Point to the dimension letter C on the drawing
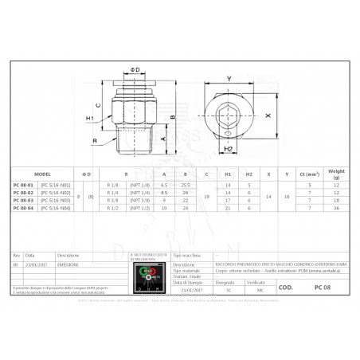pos(97,104)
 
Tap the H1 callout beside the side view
pos(92,119)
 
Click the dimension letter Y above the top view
pos(229,78)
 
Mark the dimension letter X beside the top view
pos(268,115)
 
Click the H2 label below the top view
pos(228,148)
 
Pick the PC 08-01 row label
pos(24,185)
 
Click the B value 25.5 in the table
pos(186,185)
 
